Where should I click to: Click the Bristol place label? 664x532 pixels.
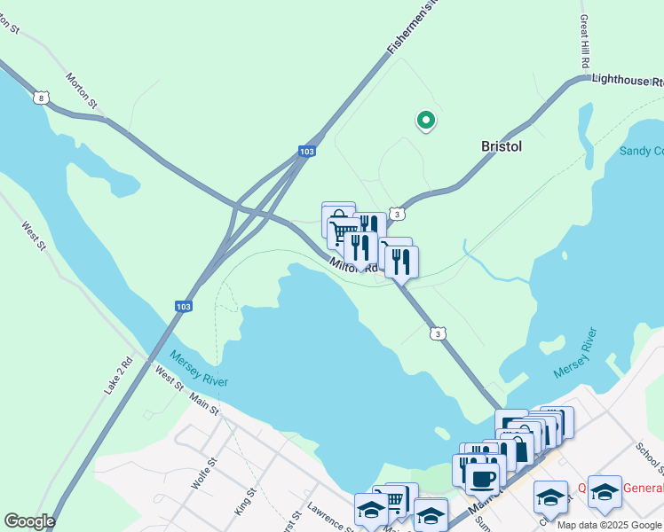(x=501, y=146)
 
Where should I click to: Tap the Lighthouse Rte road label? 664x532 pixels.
(x=627, y=81)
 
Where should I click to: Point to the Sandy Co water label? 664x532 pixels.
(x=641, y=152)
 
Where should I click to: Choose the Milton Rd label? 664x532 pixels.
(x=353, y=265)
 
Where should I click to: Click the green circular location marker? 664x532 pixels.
(x=426, y=120)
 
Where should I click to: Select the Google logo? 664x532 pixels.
(x=29, y=521)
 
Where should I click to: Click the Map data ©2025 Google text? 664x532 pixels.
(x=609, y=525)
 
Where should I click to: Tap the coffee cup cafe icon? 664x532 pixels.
(x=482, y=480)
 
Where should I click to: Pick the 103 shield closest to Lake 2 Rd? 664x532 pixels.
(x=183, y=306)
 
